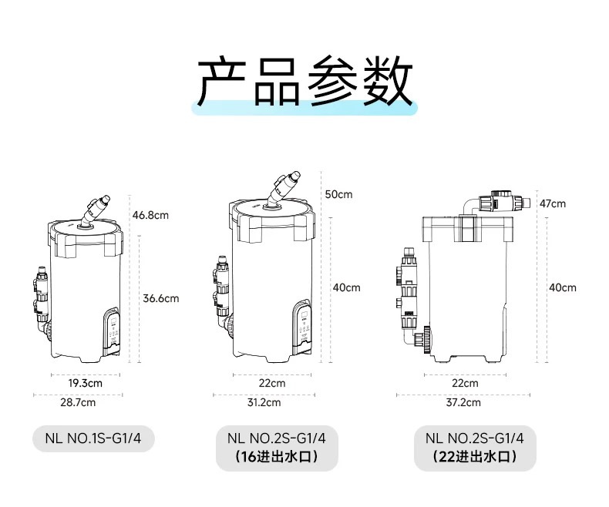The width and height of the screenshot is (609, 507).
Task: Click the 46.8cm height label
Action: (150, 215)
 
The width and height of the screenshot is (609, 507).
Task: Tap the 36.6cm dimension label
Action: (161, 298)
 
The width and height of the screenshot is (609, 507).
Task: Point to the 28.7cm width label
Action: (79, 402)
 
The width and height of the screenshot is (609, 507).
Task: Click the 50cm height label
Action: (338, 194)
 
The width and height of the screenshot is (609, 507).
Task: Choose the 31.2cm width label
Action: (264, 402)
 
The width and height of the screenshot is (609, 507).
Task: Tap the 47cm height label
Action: (552, 203)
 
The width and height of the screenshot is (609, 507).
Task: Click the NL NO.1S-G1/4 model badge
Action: (93, 438)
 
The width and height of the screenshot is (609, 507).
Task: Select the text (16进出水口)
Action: (277, 457)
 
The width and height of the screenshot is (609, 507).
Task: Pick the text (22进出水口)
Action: (474, 457)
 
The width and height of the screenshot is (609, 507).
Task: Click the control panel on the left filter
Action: (113, 330)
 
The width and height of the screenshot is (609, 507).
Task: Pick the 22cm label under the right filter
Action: (465, 383)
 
